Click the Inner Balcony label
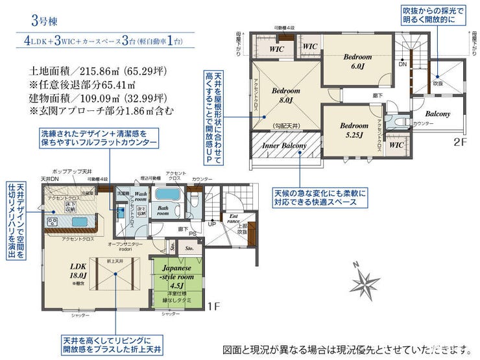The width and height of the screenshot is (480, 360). click(284, 146)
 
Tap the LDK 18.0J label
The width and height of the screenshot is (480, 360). click(78, 270)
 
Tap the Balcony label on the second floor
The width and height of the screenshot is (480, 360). click(438, 114)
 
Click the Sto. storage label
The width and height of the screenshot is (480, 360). click(189, 247)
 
